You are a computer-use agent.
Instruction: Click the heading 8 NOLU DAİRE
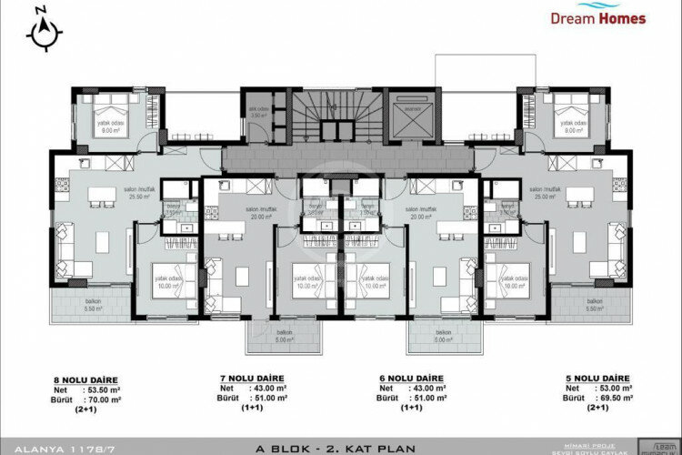pos(91,379)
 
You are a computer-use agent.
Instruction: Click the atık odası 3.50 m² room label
pos(257,113)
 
